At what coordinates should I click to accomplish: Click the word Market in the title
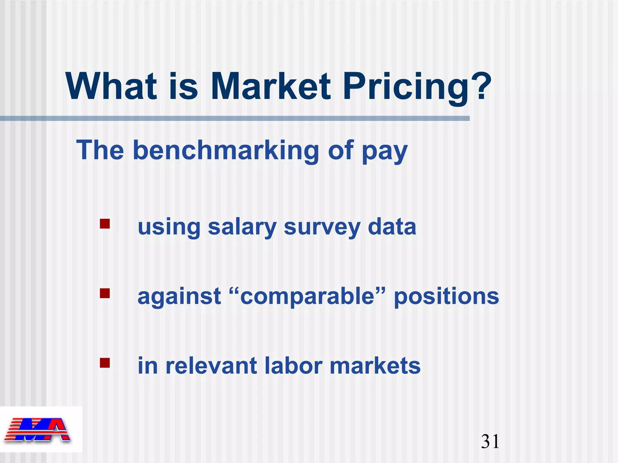point(271,87)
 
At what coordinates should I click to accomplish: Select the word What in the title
point(111,87)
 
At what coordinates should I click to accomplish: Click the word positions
point(447,297)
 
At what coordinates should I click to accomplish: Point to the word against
point(179,297)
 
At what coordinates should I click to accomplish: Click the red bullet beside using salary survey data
point(105,224)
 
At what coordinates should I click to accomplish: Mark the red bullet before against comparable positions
point(105,293)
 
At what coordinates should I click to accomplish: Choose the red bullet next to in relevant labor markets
point(105,363)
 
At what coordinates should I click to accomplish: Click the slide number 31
point(490,442)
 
